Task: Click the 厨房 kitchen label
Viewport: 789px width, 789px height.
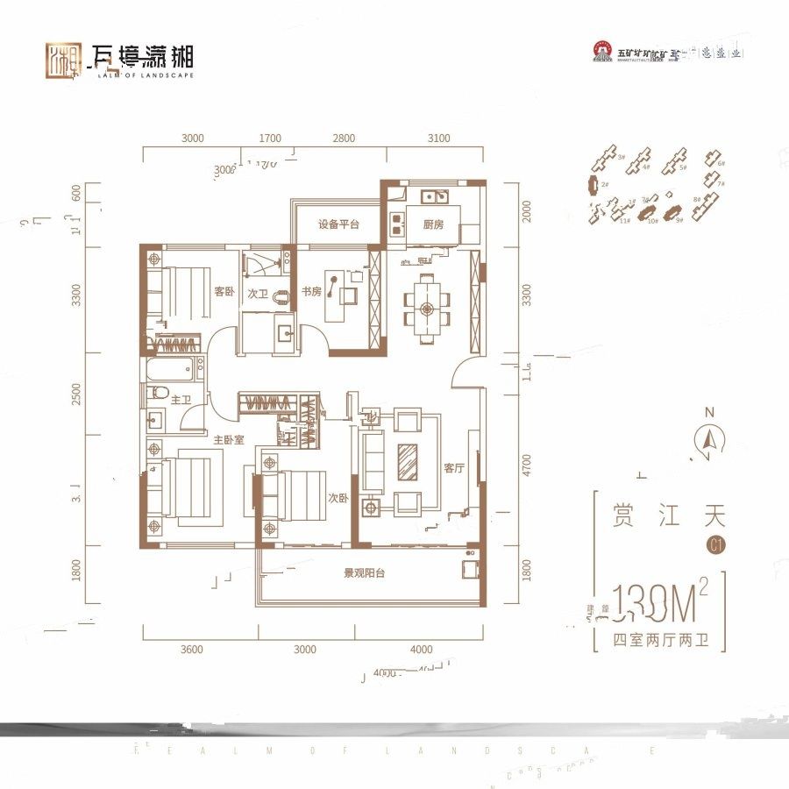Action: point(433,224)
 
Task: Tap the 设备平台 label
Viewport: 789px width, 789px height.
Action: point(339,224)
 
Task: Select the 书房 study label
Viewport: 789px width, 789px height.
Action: point(312,292)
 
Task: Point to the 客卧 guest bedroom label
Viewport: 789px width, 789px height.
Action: point(224,292)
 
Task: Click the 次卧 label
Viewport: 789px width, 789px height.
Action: point(338,497)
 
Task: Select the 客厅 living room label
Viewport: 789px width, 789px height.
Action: point(453,468)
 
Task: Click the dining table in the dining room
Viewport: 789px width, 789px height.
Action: point(427,308)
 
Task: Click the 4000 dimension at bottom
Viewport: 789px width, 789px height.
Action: point(421,650)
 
